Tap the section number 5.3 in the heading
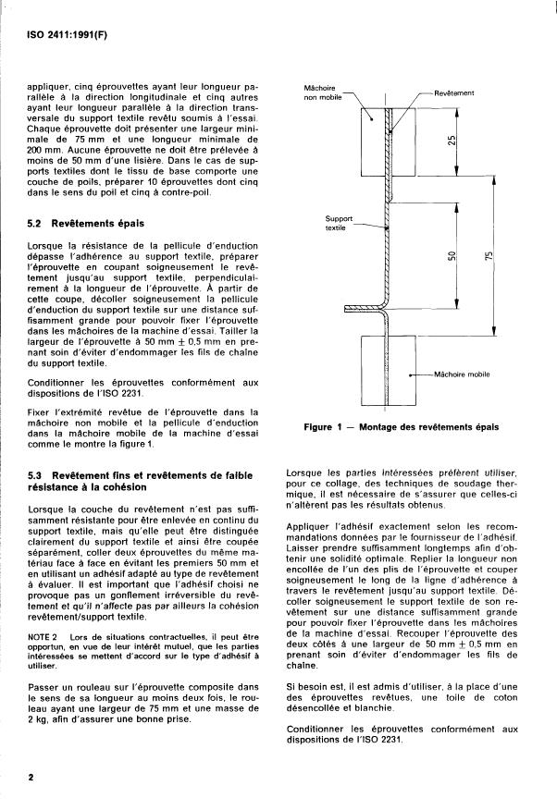pyautogui.click(x=38, y=473)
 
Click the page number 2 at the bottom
pyautogui.click(x=31, y=778)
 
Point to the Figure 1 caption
pyautogui.click(x=401, y=427)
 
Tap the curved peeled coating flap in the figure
pyautogui.click(x=365, y=310)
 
